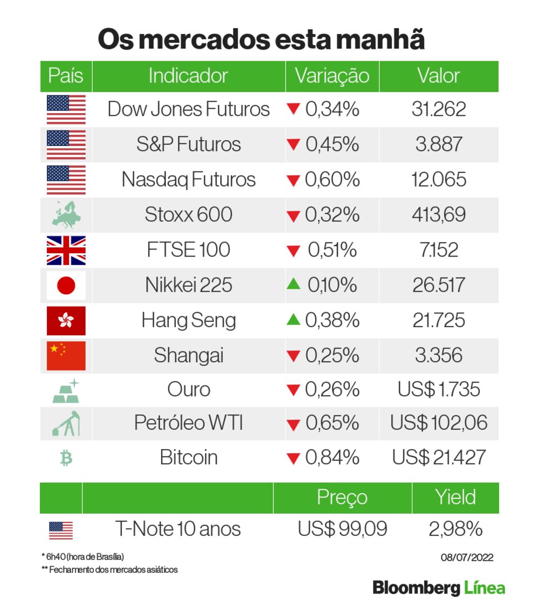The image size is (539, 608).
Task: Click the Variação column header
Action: click(x=332, y=76)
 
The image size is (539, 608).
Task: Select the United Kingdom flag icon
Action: click(x=66, y=250)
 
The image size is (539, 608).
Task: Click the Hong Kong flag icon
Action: click(x=66, y=320)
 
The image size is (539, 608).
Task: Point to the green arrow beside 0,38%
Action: click(x=293, y=320)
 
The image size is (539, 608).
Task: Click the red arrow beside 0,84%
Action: click(x=293, y=459)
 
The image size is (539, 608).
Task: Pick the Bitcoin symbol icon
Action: click(x=66, y=458)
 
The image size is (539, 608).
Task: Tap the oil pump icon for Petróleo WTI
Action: click(x=66, y=423)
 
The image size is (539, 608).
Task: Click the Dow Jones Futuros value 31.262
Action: click(x=439, y=109)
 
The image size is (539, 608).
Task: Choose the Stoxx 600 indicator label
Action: click(x=188, y=215)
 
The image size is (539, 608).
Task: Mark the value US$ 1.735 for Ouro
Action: click(x=439, y=390)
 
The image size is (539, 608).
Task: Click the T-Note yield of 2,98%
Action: click(x=455, y=529)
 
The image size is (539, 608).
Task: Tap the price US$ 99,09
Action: click(x=342, y=529)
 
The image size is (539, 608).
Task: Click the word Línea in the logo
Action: click(x=485, y=588)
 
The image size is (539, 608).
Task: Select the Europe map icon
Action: click(x=66, y=215)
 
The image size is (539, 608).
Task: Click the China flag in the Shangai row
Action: click(x=66, y=355)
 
